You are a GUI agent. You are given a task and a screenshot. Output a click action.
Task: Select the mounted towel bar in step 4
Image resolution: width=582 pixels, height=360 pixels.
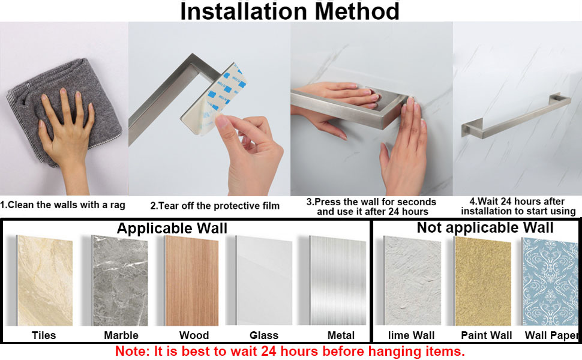click(516, 114)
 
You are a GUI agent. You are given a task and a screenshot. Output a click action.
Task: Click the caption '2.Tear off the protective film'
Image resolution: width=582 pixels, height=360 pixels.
click(215, 206)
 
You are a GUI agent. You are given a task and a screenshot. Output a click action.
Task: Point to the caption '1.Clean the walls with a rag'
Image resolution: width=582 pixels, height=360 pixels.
click(62, 205)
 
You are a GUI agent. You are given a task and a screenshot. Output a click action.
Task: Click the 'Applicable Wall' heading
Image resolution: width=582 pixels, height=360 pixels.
click(172, 228)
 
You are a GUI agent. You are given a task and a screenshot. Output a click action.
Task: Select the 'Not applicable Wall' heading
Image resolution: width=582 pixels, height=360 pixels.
click(485, 227)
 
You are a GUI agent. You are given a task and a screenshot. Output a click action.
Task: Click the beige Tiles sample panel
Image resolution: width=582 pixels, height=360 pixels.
click(46, 280)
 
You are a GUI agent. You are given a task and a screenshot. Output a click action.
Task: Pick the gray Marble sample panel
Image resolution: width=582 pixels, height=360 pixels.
click(119, 280)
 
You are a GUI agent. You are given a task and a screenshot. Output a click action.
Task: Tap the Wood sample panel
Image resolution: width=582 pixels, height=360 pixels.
click(192, 280)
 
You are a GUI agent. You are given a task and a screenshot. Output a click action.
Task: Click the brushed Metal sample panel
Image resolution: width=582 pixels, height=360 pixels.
click(340, 280)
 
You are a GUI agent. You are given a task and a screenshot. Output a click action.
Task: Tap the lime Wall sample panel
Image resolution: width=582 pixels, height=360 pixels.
click(413, 280)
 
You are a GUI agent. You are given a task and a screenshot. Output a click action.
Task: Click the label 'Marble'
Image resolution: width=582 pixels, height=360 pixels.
click(121, 335)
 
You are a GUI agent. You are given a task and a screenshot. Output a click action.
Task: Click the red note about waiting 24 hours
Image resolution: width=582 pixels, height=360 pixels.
click(290, 350)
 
